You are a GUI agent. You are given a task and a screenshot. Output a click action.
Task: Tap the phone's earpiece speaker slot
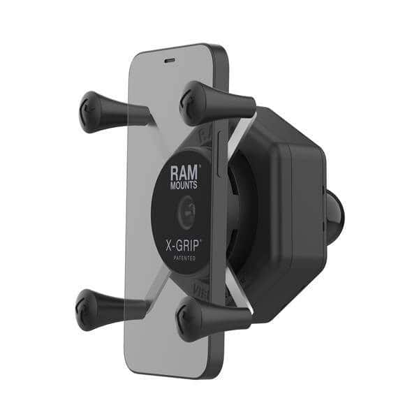pyautogui.click(x=168, y=61)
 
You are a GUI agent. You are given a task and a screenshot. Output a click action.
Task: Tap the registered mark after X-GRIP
pyautogui.click(x=203, y=240)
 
